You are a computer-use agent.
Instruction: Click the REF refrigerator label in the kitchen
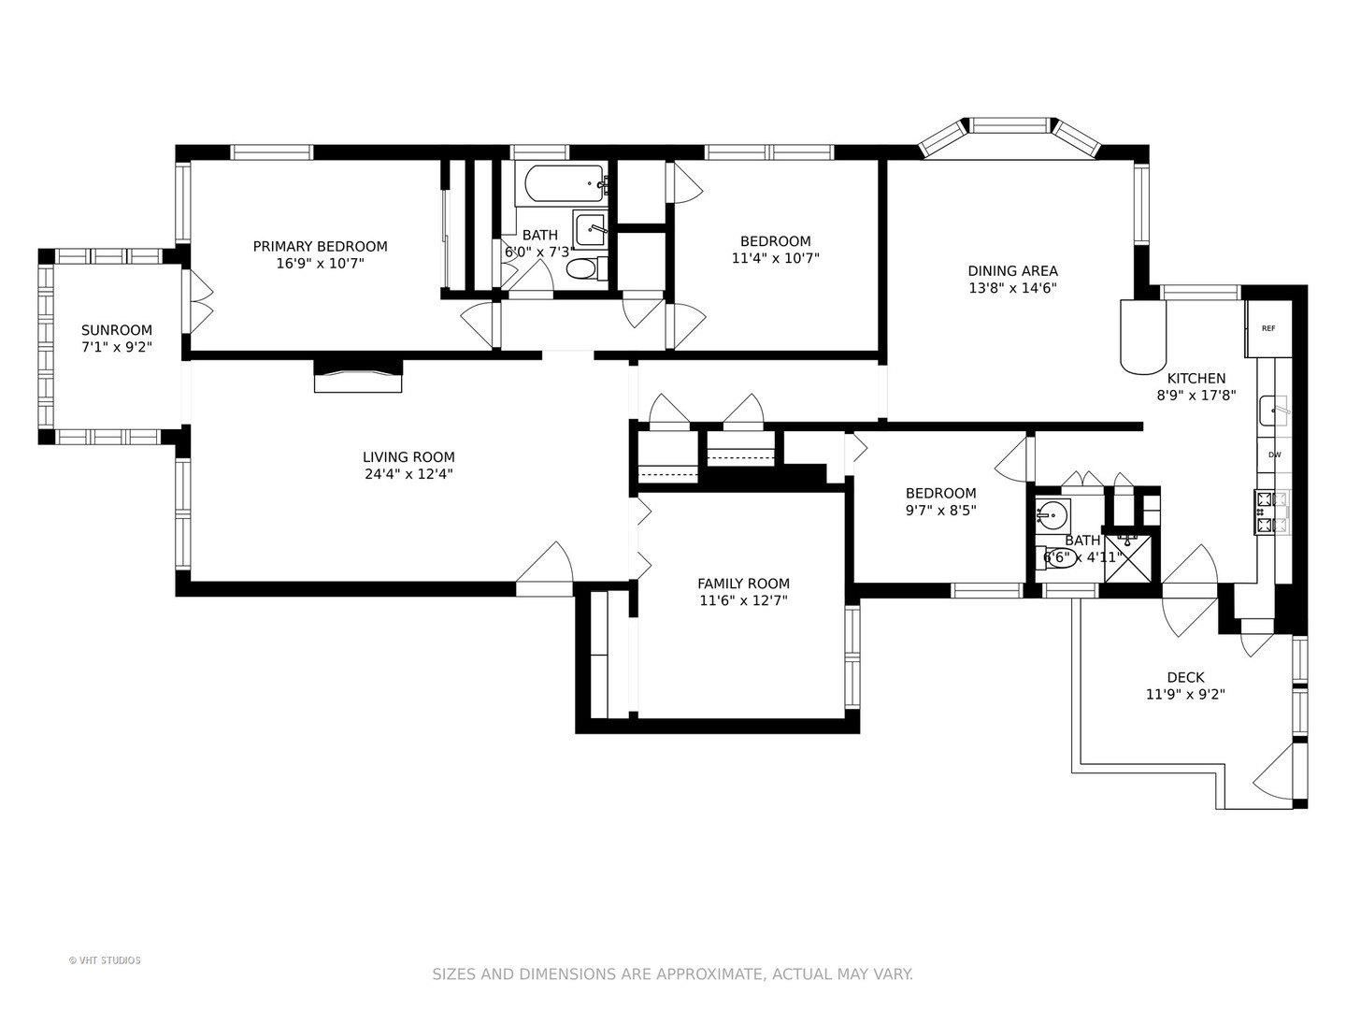[x=1268, y=328]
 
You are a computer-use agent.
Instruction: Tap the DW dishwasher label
[x=1274, y=455]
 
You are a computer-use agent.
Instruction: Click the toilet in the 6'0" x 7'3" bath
[x=587, y=268]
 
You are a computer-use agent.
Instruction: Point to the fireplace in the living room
[x=358, y=375]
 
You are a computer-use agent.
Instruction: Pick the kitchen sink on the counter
[x=1274, y=411]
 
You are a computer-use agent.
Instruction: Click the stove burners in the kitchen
[x=1273, y=512]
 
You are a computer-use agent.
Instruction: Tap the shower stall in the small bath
[x=1127, y=558]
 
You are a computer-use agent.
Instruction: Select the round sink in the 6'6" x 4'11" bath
[x=1052, y=514]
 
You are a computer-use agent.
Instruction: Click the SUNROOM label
[x=117, y=330]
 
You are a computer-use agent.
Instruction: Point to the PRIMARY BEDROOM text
[x=320, y=247]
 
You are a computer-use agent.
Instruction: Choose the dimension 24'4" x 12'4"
[x=408, y=474]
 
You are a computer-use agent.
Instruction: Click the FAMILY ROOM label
[x=743, y=584]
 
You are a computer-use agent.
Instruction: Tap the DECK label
[x=1185, y=678]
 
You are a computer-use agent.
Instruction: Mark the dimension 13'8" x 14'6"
[x=1012, y=288]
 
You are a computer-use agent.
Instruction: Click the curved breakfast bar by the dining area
[x=1143, y=337]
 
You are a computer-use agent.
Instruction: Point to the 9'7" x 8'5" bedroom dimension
[x=940, y=511]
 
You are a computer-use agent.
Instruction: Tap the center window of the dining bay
[x=1009, y=125]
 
